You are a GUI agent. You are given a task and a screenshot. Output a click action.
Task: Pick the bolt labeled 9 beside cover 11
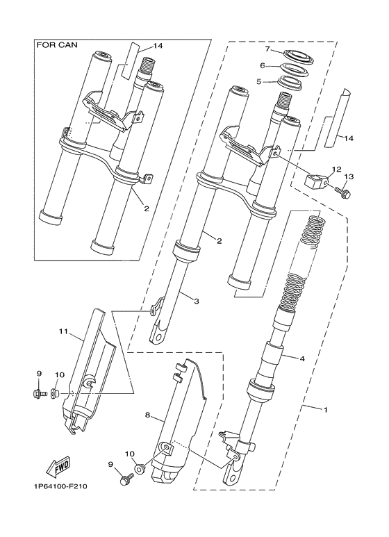(39, 395)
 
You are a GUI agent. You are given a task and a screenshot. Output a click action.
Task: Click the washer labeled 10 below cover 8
(140, 470)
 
